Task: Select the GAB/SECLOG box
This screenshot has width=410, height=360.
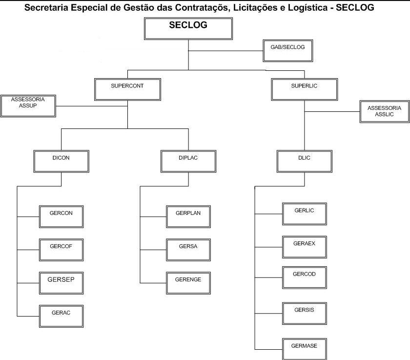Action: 287,50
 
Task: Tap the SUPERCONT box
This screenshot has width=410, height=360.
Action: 127,89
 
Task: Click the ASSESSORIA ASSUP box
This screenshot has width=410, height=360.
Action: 28,106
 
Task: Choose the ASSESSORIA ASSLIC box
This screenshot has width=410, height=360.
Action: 384,111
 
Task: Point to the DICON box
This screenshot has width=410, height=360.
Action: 61,162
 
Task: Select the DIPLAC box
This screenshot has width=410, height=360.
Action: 188,162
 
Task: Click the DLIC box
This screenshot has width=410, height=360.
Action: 304,162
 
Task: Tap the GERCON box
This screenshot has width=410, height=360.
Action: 61,216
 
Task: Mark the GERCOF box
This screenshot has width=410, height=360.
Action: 61,250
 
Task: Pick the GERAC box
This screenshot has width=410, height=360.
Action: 61,316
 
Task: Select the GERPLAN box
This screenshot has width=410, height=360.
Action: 188,216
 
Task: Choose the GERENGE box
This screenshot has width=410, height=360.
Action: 188,283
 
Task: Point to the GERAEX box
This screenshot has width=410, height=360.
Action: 305,247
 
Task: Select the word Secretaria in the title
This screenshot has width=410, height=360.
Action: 47,8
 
